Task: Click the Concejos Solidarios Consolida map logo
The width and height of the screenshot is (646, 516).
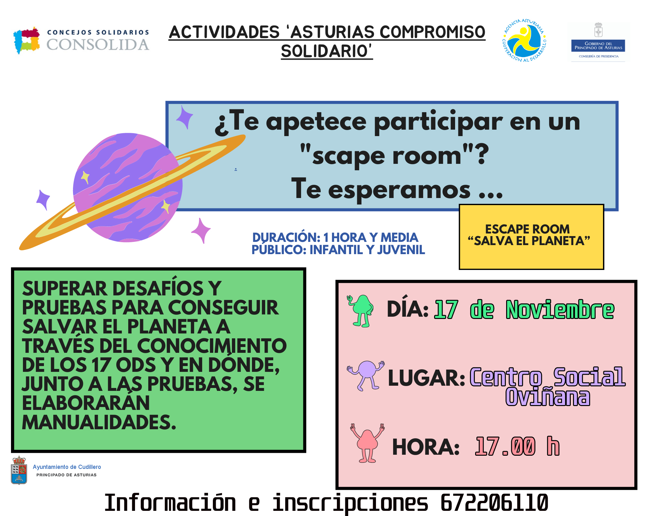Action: pyautogui.click(x=26, y=40)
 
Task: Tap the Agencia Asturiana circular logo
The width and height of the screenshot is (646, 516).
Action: pyautogui.click(x=524, y=40)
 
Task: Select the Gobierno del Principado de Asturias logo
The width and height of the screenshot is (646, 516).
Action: pyautogui.click(x=598, y=42)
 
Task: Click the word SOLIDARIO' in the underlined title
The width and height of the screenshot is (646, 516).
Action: pyautogui.click(x=327, y=51)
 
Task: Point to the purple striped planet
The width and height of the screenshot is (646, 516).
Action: pyautogui.click(x=128, y=187)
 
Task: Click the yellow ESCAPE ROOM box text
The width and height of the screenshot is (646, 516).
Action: pyautogui.click(x=529, y=235)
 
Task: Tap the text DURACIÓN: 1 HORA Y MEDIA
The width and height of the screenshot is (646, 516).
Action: pyautogui.click(x=335, y=237)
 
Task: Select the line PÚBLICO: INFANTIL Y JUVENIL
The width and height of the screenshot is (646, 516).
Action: pyautogui.click(x=338, y=250)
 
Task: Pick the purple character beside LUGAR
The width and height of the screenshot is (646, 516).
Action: pyautogui.click(x=366, y=375)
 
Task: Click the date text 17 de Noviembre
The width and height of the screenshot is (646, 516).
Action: pyautogui.click(x=524, y=310)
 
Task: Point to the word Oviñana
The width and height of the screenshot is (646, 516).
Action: pyautogui.click(x=548, y=397)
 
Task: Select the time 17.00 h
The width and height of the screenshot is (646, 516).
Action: pyautogui.click(x=517, y=446)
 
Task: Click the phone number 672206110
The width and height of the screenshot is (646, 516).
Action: pyautogui.click(x=494, y=502)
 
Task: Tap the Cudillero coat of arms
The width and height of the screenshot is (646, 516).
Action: pyautogui.click(x=19, y=470)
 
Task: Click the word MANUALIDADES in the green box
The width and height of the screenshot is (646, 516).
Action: pyautogui.click(x=99, y=422)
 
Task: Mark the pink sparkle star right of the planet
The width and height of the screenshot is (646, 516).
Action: pyautogui.click(x=201, y=230)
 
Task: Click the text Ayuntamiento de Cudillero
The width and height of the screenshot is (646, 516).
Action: pyautogui.click(x=67, y=467)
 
